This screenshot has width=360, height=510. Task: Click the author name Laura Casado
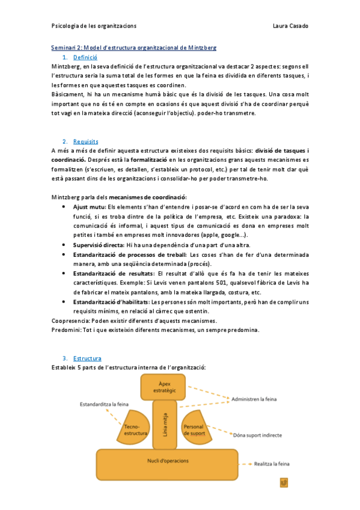click(x=290, y=26)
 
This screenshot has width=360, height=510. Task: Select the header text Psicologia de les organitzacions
click(x=94, y=26)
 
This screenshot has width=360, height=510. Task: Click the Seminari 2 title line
click(x=133, y=47)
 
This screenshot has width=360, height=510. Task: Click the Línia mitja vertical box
click(x=165, y=425)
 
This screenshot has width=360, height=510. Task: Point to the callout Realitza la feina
click(x=272, y=464)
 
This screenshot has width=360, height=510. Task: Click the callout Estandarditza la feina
click(x=105, y=404)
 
